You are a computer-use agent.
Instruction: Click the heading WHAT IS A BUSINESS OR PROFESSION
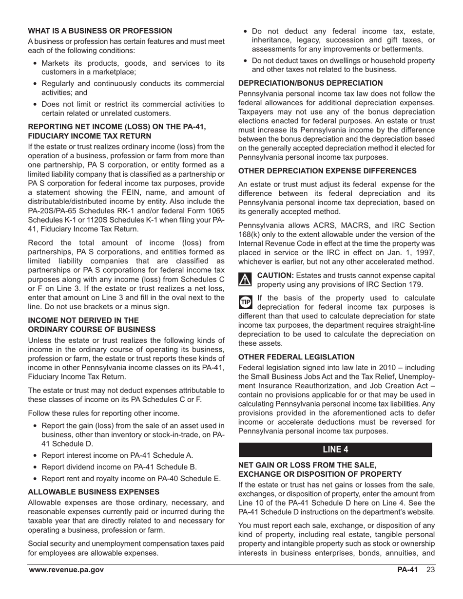[100, 31]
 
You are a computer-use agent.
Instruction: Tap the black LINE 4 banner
[335, 449]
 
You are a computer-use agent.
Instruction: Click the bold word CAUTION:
[275, 275]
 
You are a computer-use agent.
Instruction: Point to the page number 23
[430, 570]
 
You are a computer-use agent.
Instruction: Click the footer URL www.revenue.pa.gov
[66, 570]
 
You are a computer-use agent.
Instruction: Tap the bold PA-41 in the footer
[407, 570]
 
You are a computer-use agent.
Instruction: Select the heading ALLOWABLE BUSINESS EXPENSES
[94, 492]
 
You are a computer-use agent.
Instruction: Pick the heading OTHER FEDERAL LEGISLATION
[296, 357]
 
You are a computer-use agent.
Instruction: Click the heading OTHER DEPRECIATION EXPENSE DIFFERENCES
[327, 171]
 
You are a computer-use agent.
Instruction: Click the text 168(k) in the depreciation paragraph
[250, 234]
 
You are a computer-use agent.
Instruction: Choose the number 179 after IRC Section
[416, 284]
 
